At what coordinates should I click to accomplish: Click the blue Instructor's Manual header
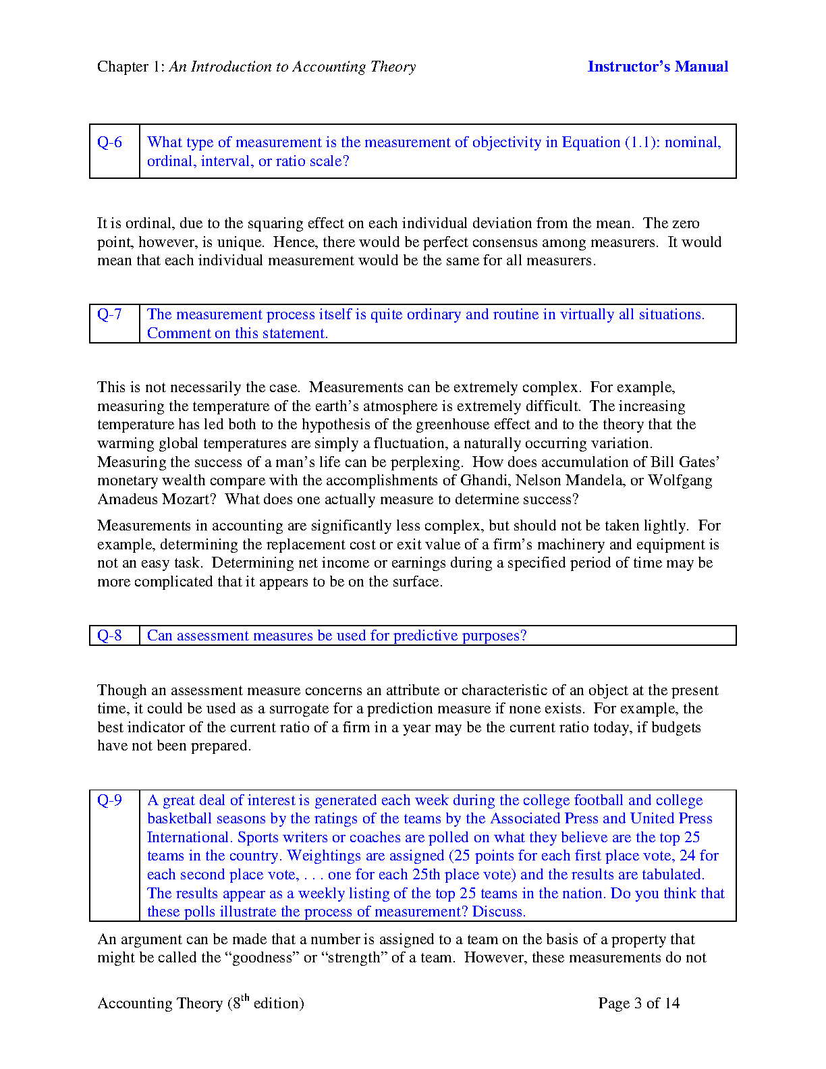pos(657,66)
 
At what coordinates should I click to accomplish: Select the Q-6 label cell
pos(110,142)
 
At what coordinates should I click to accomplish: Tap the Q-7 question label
pos(110,314)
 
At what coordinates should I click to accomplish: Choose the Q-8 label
pos(110,636)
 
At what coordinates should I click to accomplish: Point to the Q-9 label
pos(110,800)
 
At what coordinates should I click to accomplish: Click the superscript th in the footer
pos(245,998)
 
